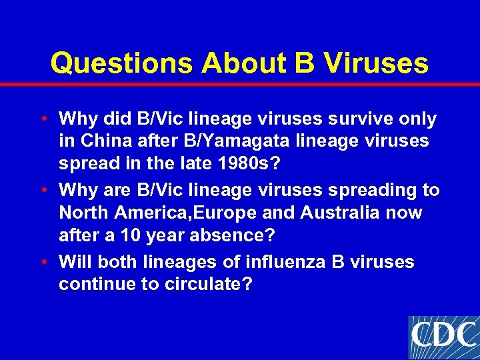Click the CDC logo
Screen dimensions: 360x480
click(443, 337)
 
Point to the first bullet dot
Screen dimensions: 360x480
click(43, 120)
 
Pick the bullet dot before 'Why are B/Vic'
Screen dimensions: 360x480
click(43, 191)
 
